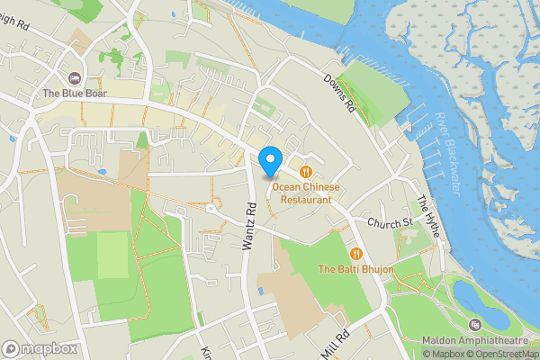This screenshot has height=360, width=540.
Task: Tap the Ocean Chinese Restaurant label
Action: [x=307, y=193]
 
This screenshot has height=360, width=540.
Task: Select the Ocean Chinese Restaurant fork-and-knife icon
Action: [x=307, y=171]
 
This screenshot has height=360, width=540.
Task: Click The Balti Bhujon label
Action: [x=356, y=269]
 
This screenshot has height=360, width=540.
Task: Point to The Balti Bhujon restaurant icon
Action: [x=357, y=254]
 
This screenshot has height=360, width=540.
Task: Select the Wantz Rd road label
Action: [x=251, y=223]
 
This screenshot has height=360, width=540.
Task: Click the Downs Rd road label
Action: [x=338, y=93]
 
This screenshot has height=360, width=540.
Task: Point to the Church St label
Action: [x=389, y=221]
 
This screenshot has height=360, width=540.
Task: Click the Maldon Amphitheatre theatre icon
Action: [x=474, y=325]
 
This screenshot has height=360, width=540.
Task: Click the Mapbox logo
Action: [x=40, y=348]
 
